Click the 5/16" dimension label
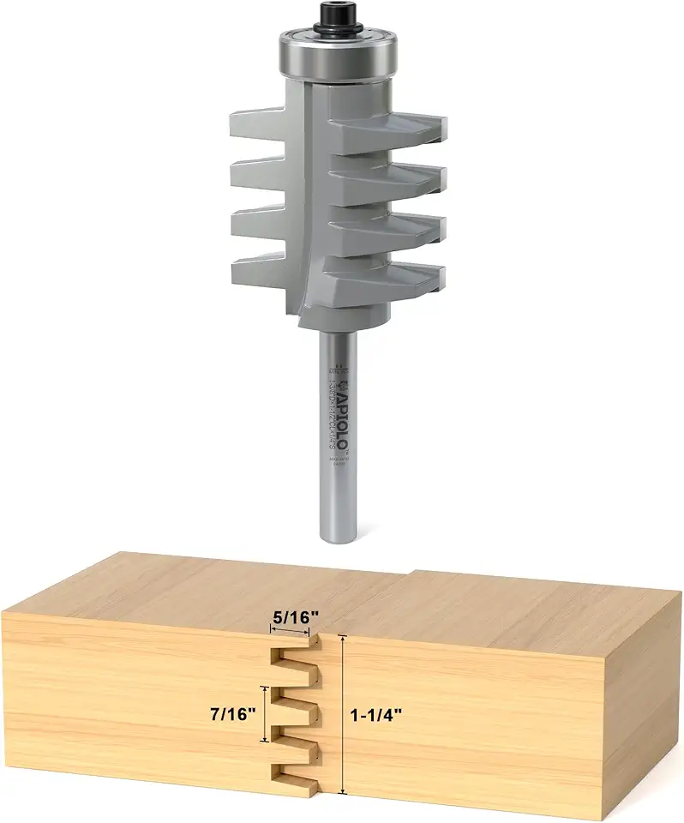tap(290, 615)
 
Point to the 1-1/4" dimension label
tap(378, 714)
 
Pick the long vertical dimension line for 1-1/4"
tap(344, 714)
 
